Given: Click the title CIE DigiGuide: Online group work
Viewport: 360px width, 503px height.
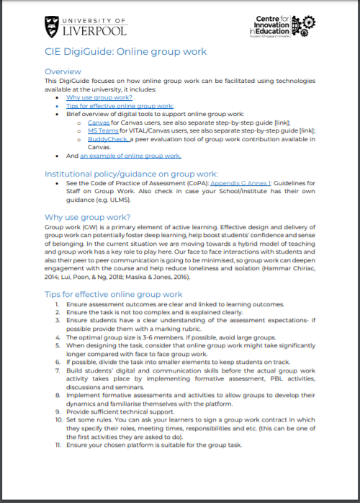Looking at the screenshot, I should pos(125,52).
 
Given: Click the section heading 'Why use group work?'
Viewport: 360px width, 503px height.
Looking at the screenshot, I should pos(86,216).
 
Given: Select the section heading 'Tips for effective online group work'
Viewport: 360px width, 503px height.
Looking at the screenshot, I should pos(114,294).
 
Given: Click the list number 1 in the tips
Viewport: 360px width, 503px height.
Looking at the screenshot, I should pos(58,304).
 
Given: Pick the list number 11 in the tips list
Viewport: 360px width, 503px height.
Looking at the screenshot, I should pos(58,445).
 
